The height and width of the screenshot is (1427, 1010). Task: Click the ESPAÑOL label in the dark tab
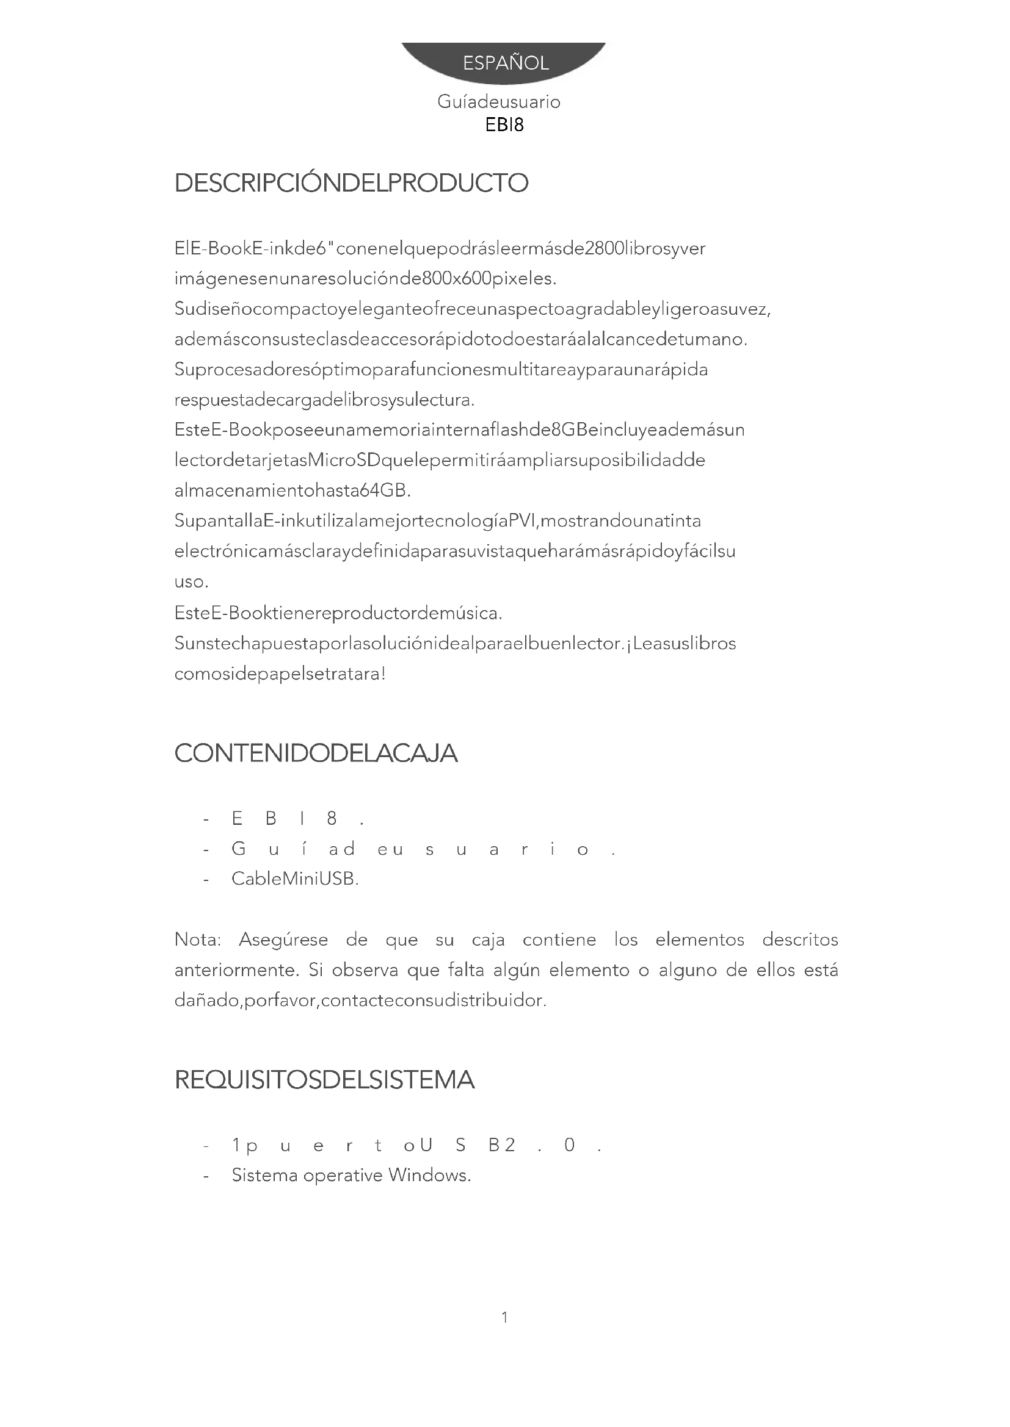506,63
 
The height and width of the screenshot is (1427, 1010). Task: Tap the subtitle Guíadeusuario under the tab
499,102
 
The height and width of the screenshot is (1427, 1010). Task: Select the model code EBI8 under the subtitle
504,125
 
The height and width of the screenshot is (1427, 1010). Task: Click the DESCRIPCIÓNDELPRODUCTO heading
351,184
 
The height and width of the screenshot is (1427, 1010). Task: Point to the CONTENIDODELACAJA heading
316,753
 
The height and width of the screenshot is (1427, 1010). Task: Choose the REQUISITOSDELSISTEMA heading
324,1080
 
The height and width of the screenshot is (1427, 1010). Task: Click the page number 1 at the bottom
505,1317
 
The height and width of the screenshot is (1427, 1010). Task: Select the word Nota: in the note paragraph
198,939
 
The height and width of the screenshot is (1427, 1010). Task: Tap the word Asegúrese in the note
283,940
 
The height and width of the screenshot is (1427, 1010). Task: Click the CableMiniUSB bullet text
295,879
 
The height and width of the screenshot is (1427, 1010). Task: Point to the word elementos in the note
700,939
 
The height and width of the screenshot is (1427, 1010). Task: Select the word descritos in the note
800,939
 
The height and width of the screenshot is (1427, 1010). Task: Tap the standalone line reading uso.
191,583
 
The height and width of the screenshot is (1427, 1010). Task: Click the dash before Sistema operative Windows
206,1175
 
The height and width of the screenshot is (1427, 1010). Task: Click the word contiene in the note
559,939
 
